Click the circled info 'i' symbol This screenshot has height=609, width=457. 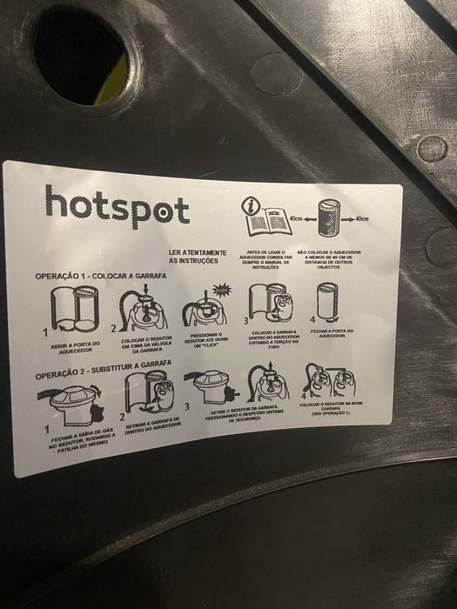(251, 205)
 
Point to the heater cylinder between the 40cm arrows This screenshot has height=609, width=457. (326, 217)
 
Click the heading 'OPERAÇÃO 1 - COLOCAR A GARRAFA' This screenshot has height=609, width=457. (100, 276)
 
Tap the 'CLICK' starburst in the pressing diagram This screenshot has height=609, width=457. (222, 290)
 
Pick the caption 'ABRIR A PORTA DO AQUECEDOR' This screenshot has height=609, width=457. (74, 347)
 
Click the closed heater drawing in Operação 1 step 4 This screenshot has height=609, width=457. (327, 301)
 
